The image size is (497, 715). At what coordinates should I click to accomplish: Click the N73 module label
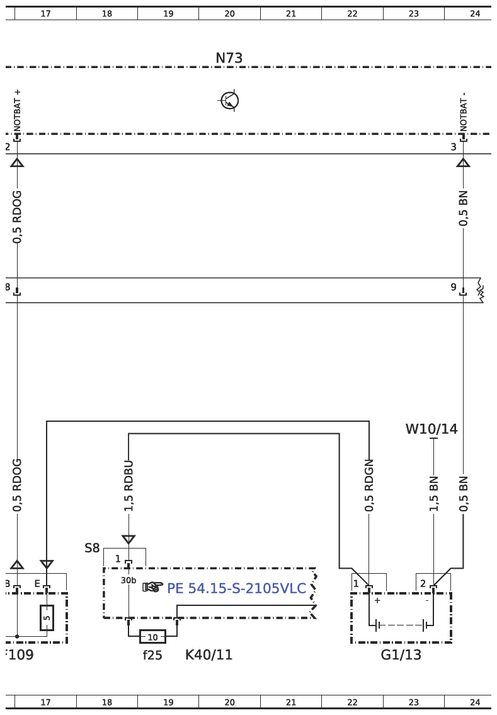[x=229, y=59]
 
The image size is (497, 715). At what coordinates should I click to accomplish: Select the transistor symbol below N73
[x=229, y=100]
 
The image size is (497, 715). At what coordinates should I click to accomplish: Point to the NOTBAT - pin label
[x=464, y=112]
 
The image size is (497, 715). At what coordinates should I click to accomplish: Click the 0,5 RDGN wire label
[x=369, y=485]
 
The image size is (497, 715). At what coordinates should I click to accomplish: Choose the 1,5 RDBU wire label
[x=129, y=485]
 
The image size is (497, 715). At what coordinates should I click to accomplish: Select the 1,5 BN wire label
[x=433, y=493]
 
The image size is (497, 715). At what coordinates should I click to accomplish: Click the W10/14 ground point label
[x=431, y=429]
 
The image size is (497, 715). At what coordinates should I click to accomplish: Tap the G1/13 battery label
[x=401, y=654]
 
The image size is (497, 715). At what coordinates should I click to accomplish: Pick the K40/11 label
[x=209, y=655]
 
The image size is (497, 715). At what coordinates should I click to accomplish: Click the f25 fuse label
[x=152, y=655]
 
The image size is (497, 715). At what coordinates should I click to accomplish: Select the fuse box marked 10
[x=152, y=637]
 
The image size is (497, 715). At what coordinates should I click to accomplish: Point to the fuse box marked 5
[x=47, y=618]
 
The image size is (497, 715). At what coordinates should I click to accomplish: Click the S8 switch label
[x=92, y=548]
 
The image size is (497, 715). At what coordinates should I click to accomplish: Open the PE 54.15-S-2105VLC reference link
[x=236, y=589]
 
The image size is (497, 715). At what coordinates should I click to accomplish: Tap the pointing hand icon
[x=153, y=587]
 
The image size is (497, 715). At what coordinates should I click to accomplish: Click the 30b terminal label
[x=129, y=581]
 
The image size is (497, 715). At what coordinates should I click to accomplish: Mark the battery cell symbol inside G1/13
[x=401, y=625]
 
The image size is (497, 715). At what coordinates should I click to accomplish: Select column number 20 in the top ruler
[x=229, y=13]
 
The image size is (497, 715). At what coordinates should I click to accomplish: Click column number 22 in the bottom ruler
[x=352, y=702]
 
